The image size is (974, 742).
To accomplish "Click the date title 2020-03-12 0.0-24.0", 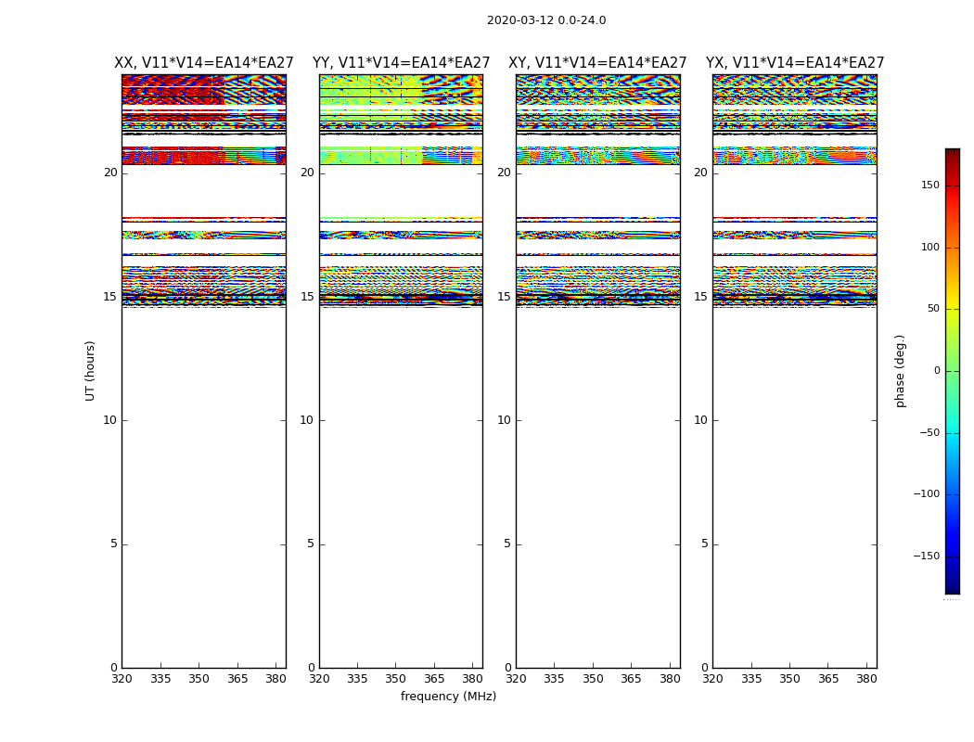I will tap(546, 20).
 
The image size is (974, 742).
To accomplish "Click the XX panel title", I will tap(204, 63).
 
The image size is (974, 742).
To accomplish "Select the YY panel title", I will tap(401, 63).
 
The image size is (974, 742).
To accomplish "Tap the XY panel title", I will tap(597, 63).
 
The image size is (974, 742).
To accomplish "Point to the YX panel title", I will tap(795, 63).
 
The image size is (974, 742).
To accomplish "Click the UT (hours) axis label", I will tap(90, 370).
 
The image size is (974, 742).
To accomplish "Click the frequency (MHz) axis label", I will tap(448, 697).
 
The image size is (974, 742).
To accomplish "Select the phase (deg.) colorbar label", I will tap(900, 370).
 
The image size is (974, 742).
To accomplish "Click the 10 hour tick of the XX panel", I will tap(110, 420).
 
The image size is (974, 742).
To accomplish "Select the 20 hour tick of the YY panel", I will tap(307, 173).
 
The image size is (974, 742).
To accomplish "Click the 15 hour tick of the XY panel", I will tap(505, 297).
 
